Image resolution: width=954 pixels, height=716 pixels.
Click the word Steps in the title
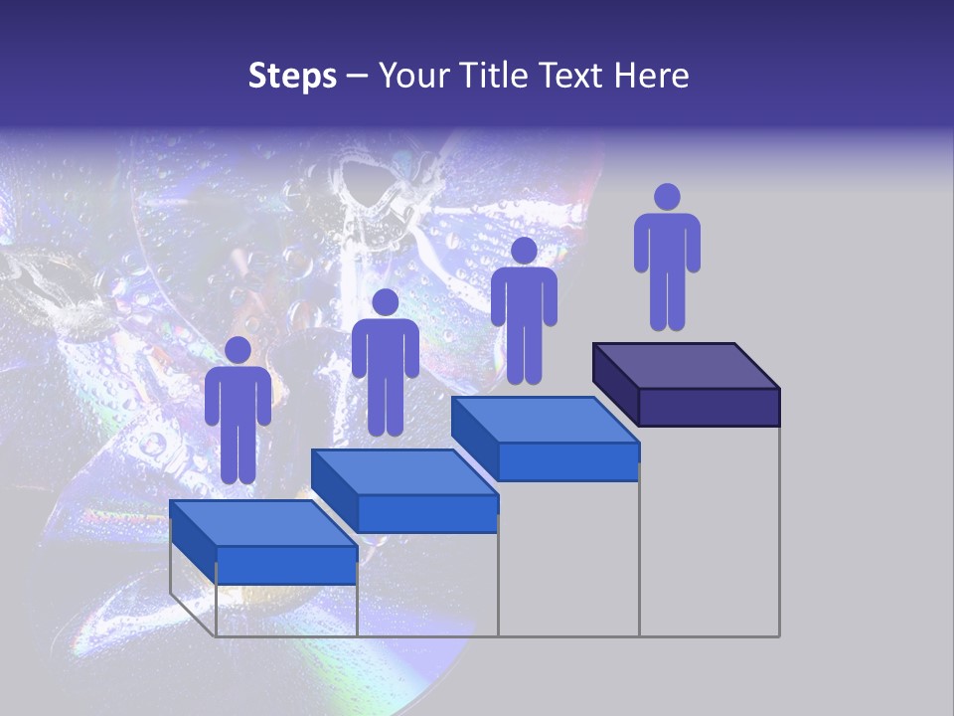292,77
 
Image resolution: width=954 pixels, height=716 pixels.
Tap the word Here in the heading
652,76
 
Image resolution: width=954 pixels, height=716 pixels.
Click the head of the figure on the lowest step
238,350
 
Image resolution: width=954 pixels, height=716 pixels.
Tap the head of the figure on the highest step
667,197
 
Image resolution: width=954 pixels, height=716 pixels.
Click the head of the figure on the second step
385,302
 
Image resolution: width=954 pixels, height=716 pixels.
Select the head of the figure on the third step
524,251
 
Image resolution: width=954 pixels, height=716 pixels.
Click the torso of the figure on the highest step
667,244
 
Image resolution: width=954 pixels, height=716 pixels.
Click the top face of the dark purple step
686,366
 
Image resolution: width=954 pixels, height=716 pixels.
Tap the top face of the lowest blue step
263,523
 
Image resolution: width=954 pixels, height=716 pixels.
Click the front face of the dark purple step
709,407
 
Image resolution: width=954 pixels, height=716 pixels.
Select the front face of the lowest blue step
286,565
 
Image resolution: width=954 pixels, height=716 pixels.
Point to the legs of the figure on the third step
524,353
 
